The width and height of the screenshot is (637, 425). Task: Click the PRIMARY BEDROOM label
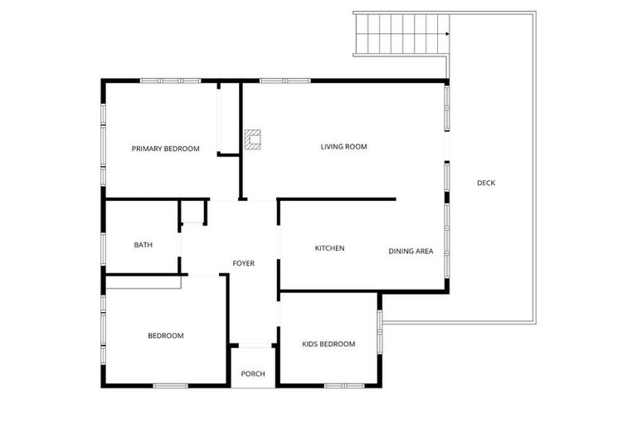coord(166,149)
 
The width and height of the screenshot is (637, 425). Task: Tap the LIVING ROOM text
coord(343,147)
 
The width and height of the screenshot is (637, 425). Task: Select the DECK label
coord(486,183)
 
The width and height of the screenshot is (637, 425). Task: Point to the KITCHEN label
coord(329,248)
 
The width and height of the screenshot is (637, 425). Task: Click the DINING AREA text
coord(411,251)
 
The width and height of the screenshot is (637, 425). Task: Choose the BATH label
coord(143,245)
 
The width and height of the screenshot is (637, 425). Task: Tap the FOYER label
coord(243,263)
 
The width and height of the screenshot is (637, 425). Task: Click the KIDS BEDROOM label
coord(328,344)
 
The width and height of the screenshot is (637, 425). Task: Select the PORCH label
coord(253,374)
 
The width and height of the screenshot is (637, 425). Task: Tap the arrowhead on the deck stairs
coord(447,34)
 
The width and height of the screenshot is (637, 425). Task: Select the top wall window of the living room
coord(284,81)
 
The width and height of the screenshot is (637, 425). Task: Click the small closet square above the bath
coord(194,212)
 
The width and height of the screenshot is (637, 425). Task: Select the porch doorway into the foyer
coord(253,345)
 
